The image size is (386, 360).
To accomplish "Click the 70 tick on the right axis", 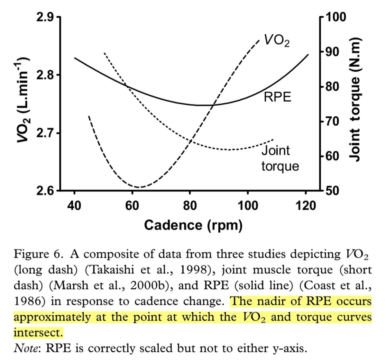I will click(333, 121).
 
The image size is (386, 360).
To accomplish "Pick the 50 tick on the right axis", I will click(333, 191).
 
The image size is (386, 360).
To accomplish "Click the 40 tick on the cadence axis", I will click(74, 205).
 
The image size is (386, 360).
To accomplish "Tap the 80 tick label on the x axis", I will click(190, 205).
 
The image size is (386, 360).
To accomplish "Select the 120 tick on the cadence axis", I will click(305, 205).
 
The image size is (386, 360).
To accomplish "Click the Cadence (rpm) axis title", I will click(193, 225).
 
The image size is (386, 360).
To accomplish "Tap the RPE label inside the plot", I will click(277, 96).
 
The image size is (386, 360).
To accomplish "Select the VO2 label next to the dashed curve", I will click(277, 40).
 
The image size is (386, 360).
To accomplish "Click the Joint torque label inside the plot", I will click(280, 158).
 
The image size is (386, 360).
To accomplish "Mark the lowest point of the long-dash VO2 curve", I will click(139, 187).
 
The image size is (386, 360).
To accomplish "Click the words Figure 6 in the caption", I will click(38, 254).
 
